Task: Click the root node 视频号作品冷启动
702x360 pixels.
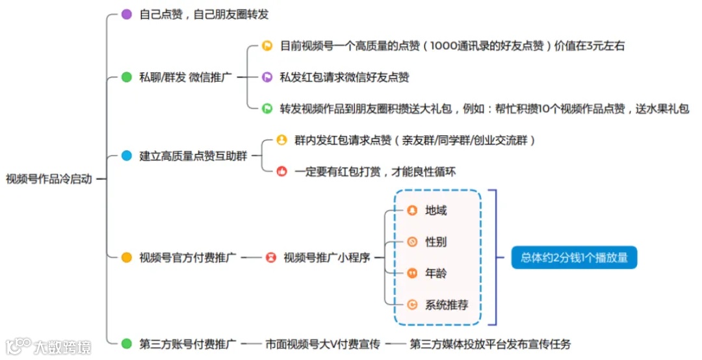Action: coord(49,179)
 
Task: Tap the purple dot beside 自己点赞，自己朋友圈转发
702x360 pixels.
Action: coord(127,14)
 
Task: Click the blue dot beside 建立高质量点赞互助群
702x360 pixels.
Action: coord(127,156)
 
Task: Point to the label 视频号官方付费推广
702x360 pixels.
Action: coord(187,257)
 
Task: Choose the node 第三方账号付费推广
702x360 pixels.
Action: coord(187,344)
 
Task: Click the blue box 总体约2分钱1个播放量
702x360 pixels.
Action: coord(574,257)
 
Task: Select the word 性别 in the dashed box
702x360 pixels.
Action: coord(435,242)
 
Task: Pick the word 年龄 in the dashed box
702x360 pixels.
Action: coord(435,273)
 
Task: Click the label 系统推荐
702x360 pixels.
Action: coord(446,304)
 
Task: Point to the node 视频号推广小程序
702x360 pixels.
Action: coord(326,257)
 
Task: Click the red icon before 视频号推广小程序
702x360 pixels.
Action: coord(270,257)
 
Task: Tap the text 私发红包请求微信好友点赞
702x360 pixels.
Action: coord(344,77)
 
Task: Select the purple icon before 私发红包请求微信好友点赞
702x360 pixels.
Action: coord(266,77)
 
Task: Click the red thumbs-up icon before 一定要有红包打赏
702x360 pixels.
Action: coord(281,172)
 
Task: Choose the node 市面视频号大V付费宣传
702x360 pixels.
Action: coord(322,344)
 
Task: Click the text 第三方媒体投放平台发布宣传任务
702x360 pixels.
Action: coord(490,344)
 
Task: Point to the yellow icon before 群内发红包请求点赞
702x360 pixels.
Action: coord(281,140)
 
